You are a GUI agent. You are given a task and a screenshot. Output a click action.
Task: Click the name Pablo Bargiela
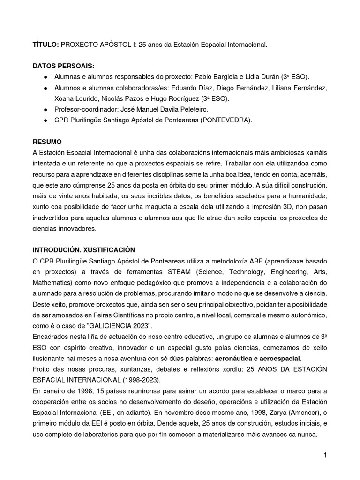click(x=211, y=77)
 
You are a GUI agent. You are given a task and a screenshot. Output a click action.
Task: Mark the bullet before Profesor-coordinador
click(x=45, y=110)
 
